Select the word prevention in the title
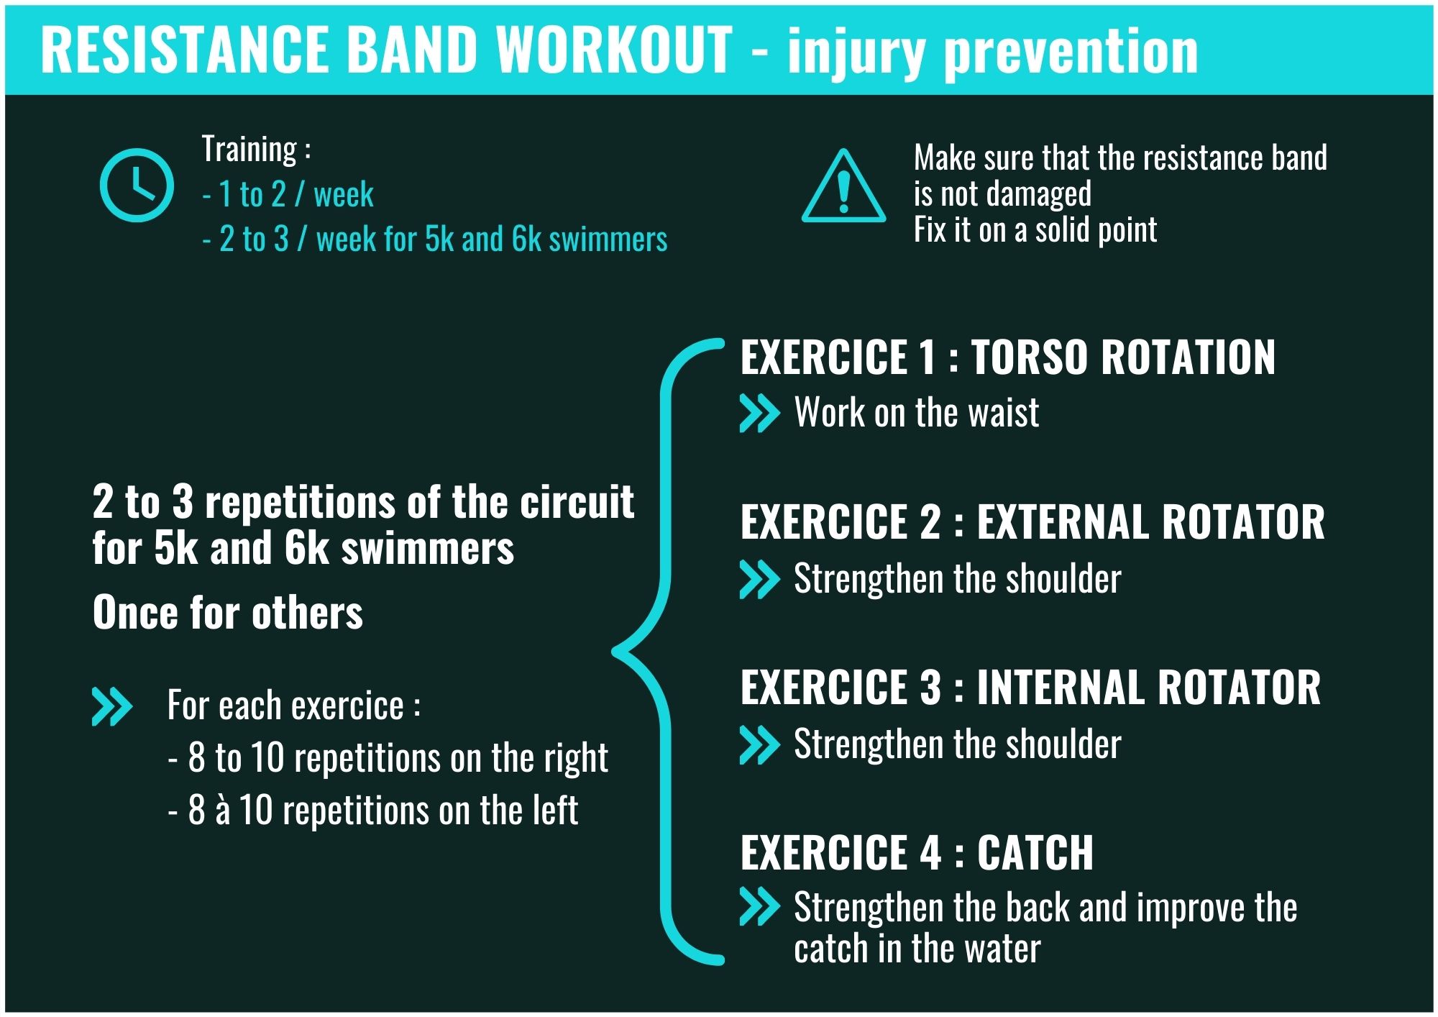pos(1071,52)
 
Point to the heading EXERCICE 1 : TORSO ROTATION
pos(1008,357)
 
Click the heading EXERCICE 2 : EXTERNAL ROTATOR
pos(1032,521)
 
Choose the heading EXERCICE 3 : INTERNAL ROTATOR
pos(1031,687)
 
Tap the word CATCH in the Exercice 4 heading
pos(1035,852)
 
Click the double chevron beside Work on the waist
pos(760,413)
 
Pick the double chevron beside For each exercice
pos(112,706)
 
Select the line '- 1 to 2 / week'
pos(288,194)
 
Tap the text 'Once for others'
pos(228,613)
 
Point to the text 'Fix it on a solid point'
pos(1035,230)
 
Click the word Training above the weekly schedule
pos(249,150)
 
